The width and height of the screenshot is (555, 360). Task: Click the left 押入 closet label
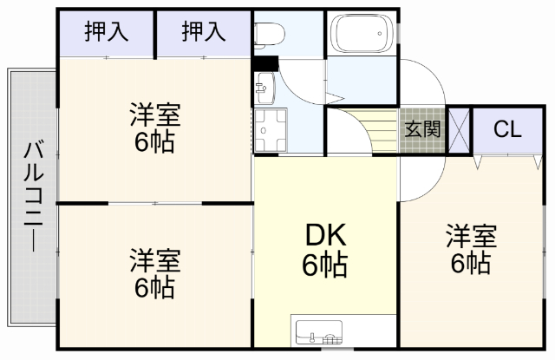107,34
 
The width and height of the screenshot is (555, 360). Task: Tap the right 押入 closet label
204,34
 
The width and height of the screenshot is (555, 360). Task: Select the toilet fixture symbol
269,33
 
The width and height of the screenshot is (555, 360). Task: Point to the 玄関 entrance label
423,130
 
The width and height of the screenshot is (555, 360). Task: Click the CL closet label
506,130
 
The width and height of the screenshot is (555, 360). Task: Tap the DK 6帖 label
325,248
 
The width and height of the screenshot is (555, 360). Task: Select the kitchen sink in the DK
318,332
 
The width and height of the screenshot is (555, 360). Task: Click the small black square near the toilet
265,62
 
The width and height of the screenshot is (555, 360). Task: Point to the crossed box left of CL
459,131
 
